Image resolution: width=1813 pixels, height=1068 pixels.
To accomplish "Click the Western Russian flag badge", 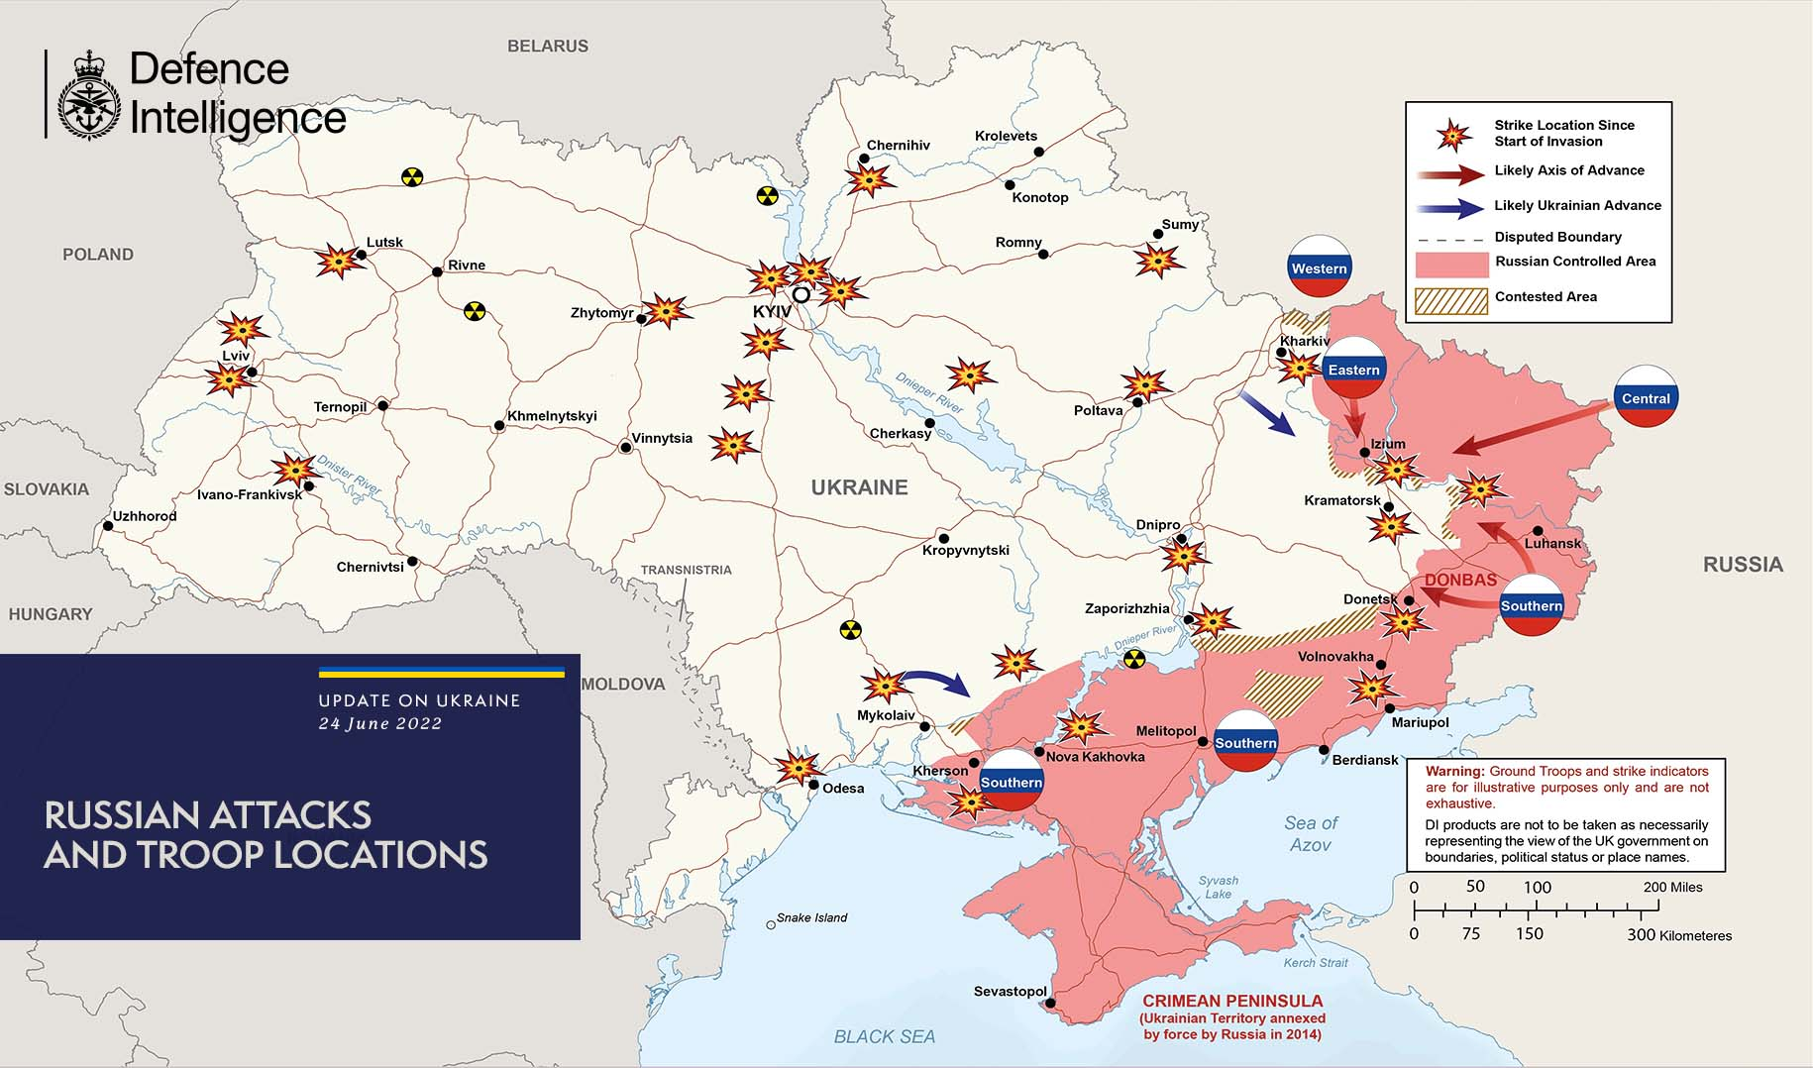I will click(x=1319, y=267).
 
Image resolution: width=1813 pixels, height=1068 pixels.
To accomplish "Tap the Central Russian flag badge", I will click(x=1646, y=397).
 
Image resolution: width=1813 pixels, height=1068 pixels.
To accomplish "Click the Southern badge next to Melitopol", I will click(x=1245, y=742).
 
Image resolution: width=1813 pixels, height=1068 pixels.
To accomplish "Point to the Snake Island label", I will click(x=811, y=917).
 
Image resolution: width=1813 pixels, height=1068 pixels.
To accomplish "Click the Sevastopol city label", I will click(x=1010, y=991).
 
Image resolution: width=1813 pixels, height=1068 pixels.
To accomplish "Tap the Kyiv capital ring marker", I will click(x=800, y=294).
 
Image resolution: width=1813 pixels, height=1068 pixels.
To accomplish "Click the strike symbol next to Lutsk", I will click(x=337, y=261).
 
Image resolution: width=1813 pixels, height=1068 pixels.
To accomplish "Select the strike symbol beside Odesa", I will click(x=797, y=767).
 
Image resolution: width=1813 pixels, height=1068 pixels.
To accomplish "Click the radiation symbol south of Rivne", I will click(x=476, y=311).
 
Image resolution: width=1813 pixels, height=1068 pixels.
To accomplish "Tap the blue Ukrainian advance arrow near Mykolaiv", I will click(x=936, y=681).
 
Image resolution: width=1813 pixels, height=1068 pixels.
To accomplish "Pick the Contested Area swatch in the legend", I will click(x=1450, y=300).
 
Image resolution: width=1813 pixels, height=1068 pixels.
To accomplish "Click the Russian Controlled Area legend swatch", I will click(x=1450, y=265).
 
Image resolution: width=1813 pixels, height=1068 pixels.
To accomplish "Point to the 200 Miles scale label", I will click(x=1672, y=887).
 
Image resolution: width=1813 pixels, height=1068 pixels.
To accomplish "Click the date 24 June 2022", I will click(x=380, y=723).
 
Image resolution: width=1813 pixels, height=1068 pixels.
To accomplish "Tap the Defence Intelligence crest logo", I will click(x=89, y=95).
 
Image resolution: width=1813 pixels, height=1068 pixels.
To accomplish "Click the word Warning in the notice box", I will click(x=1454, y=771).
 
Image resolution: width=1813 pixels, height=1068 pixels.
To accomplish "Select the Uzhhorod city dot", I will click(x=108, y=526).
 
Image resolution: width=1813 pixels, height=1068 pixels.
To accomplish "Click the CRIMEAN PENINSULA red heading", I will click(x=1231, y=1001).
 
